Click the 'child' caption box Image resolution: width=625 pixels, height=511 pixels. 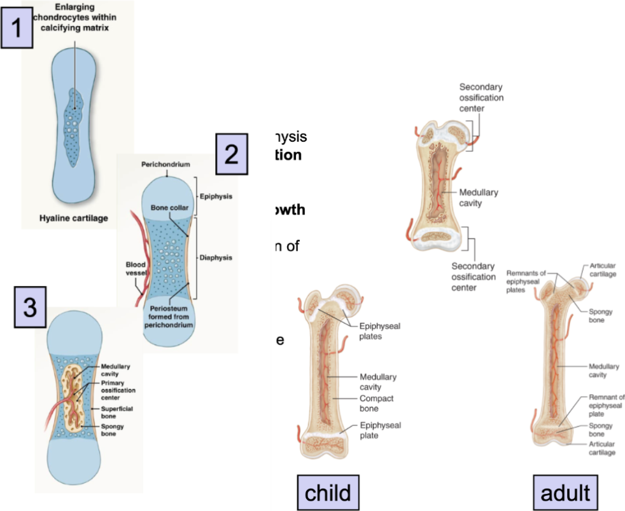pos(328,493)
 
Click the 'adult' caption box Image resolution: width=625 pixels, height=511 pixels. pos(565,493)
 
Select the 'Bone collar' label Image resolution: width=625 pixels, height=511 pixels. pos(168,208)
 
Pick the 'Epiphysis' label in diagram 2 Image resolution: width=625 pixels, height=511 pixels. pos(214,196)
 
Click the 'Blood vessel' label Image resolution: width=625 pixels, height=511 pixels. pos(134,269)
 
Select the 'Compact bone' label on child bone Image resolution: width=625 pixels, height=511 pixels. pos(377,403)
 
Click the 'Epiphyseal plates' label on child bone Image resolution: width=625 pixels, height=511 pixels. pos(380,331)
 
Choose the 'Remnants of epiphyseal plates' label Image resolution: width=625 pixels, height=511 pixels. pos(526,281)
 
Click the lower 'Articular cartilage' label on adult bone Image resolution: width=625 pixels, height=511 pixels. pos(601,448)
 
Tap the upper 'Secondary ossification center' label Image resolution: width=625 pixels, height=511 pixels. pos(481,97)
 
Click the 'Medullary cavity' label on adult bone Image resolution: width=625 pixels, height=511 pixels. pos(604,371)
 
